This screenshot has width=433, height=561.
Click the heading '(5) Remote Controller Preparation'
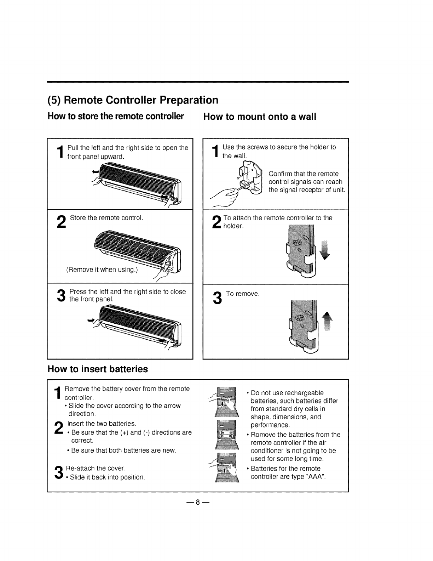pos(133,100)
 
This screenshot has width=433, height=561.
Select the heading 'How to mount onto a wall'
pos(259,117)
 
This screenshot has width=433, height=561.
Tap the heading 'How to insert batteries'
pos(98,369)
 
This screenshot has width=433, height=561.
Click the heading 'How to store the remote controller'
pos(116,117)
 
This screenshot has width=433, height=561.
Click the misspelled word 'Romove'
pos(261,435)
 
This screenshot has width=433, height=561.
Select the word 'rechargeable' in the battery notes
pos(305,393)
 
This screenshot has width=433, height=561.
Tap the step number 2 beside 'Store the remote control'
pos(61,223)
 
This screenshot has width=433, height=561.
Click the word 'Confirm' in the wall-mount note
pos(279,174)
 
